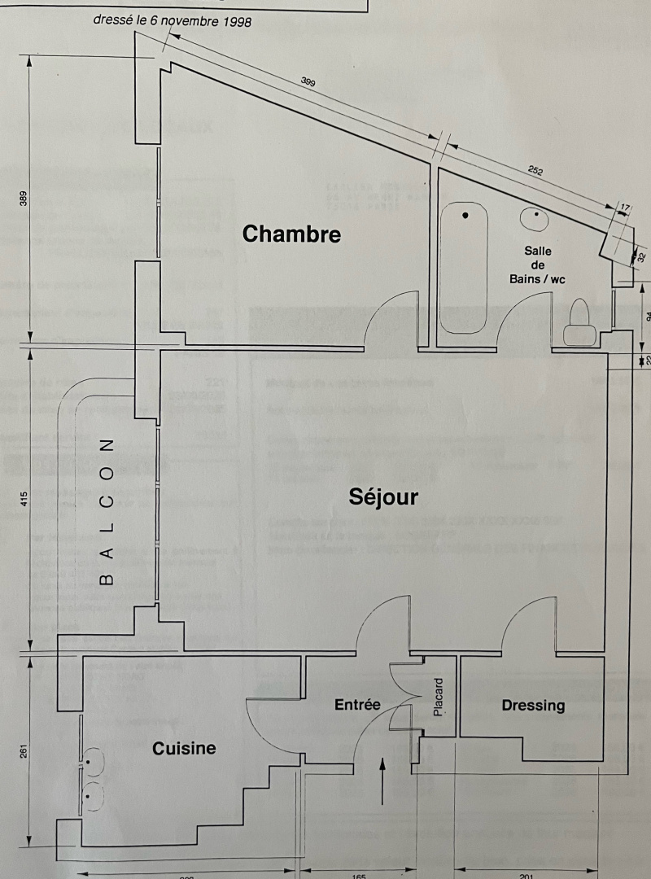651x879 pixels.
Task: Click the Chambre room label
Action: (x=291, y=234)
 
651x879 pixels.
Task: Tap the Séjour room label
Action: (x=382, y=496)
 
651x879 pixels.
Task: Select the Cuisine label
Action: (x=184, y=748)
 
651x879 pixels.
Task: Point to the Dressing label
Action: (x=533, y=705)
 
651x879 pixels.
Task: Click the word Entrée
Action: (x=357, y=705)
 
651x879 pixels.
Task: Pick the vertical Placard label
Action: (x=439, y=698)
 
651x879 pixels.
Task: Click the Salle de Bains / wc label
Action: (x=537, y=265)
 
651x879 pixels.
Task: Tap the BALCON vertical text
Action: (x=106, y=512)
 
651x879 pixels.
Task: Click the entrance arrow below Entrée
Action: (x=382, y=782)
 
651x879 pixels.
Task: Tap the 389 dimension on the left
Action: (x=24, y=199)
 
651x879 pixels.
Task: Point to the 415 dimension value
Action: (x=24, y=497)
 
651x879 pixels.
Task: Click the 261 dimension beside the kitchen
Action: (x=24, y=751)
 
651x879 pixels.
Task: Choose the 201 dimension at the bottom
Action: (x=525, y=876)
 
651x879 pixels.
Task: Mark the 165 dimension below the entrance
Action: (x=358, y=876)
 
